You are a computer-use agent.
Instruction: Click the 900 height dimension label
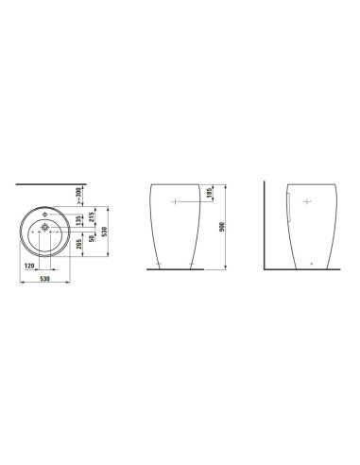click(x=222, y=227)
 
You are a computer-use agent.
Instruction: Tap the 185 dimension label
click(x=209, y=192)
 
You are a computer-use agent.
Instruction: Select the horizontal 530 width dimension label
click(x=45, y=279)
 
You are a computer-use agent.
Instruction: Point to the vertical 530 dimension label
click(x=105, y=232)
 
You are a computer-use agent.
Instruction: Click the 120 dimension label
click(x=29, y=267)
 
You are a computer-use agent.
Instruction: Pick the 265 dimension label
click(x=79, y=244)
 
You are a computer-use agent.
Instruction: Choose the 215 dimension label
click(x=92, y=217)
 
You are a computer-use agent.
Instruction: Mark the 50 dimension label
click(x=92, y=238)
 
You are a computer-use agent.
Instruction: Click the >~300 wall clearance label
click(x=79, y=197)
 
